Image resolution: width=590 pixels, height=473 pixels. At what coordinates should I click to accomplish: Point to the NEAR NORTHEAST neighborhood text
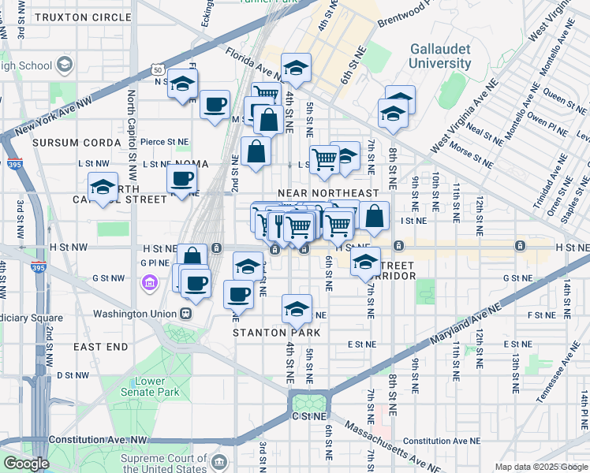[x=328, y=193]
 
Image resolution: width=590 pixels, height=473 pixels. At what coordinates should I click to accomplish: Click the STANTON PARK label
[x=270, y=333]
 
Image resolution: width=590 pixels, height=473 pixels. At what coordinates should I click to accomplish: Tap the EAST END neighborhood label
[x=101, y=347]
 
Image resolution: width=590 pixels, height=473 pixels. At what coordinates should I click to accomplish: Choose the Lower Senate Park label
[x=151, y=387]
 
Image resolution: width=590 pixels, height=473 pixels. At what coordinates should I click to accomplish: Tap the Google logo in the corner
[x=26, y=464]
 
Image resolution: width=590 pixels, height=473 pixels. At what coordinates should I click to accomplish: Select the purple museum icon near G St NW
[x=148, y=282]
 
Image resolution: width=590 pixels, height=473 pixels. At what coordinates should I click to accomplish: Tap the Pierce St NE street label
[x=165, y=142]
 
